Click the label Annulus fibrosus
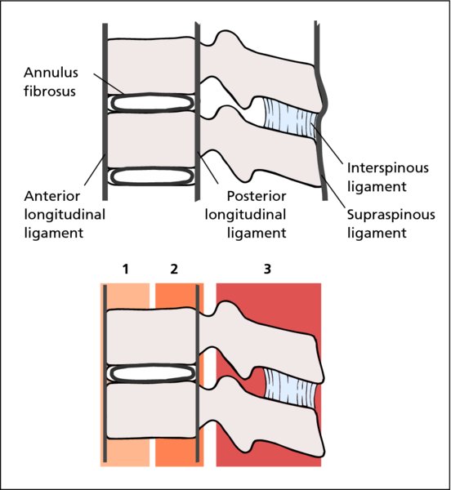click(x=51, y=82)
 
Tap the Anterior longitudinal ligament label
click(x=65, y=215)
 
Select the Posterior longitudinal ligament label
click(x=246, y=215)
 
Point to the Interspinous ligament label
click(x=387, y=177)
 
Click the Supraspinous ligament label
click(x=391, y=224)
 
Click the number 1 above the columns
click(x=126, y=269)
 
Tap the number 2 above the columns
click(x=174, y=269)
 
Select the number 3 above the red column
click(x=267, y=269)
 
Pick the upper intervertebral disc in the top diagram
click(x=152, y=103)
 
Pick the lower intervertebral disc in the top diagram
click(x=152, y=176)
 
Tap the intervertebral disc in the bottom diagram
click(x=152, y=373)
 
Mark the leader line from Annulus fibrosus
click(x=109, y=84)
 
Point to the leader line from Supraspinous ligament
click(x=333, y=193)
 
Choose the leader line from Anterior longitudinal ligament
click(x=95, y=171)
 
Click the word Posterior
click(x=257, y=196)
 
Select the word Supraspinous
click(x=391, y=216)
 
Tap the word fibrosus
click(x=50, y=91)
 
